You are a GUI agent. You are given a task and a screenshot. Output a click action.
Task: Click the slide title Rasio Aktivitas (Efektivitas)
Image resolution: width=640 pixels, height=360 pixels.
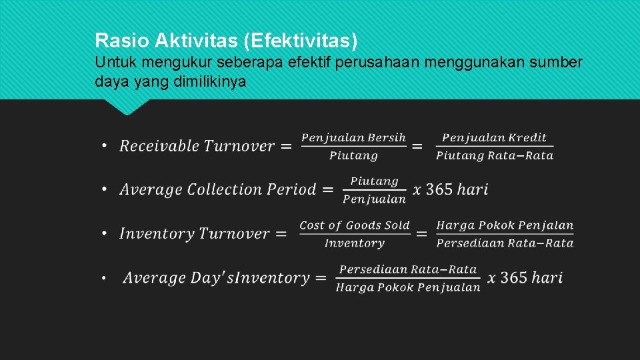click(x=226, y=41)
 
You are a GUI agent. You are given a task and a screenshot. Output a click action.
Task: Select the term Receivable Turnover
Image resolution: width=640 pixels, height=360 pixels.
click(x=197, y=146)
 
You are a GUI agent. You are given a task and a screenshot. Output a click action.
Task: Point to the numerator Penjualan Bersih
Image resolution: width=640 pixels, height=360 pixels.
click(x=353, y=138)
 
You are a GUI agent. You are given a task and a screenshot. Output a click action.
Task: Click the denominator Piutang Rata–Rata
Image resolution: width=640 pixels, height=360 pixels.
click(x=495, y=155)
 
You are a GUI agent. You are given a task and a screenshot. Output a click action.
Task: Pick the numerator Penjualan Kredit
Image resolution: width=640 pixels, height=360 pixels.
click(x=494, y=138)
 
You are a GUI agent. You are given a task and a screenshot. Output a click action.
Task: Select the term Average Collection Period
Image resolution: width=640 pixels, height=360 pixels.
click(x=217, y=189)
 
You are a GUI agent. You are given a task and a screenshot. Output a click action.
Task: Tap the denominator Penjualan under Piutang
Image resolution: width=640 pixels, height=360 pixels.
click(x=374, y=199)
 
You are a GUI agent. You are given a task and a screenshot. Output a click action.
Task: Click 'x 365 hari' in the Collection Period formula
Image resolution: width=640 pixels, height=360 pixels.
click(x=451, y=189)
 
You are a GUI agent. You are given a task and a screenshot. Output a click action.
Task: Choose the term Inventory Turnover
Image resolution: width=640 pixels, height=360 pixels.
click(x=194, y=233)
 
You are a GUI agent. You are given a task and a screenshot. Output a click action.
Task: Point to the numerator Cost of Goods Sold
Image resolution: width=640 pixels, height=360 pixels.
click(x=354, y=225)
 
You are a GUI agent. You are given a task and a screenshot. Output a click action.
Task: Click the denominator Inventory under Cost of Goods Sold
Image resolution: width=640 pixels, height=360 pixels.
click(x=354, y=243)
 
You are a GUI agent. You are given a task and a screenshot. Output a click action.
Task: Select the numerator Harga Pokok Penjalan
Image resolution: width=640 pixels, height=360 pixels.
click(x=505, y=225)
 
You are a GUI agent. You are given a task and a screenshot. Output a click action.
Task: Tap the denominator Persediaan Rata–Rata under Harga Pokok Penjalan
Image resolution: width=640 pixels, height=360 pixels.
click(x=505, y=243)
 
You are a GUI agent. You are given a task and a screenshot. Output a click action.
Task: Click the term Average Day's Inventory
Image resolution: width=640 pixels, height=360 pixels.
click(x=216, y=278)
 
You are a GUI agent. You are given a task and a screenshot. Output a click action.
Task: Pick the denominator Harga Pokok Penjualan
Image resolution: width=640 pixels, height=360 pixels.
click(x=408, y=287)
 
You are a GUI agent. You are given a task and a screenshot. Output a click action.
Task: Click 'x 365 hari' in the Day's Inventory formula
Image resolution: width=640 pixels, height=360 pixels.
click(x=525, y=278)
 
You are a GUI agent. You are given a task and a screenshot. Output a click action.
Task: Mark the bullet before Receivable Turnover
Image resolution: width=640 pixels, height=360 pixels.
click(x=105, y=146)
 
